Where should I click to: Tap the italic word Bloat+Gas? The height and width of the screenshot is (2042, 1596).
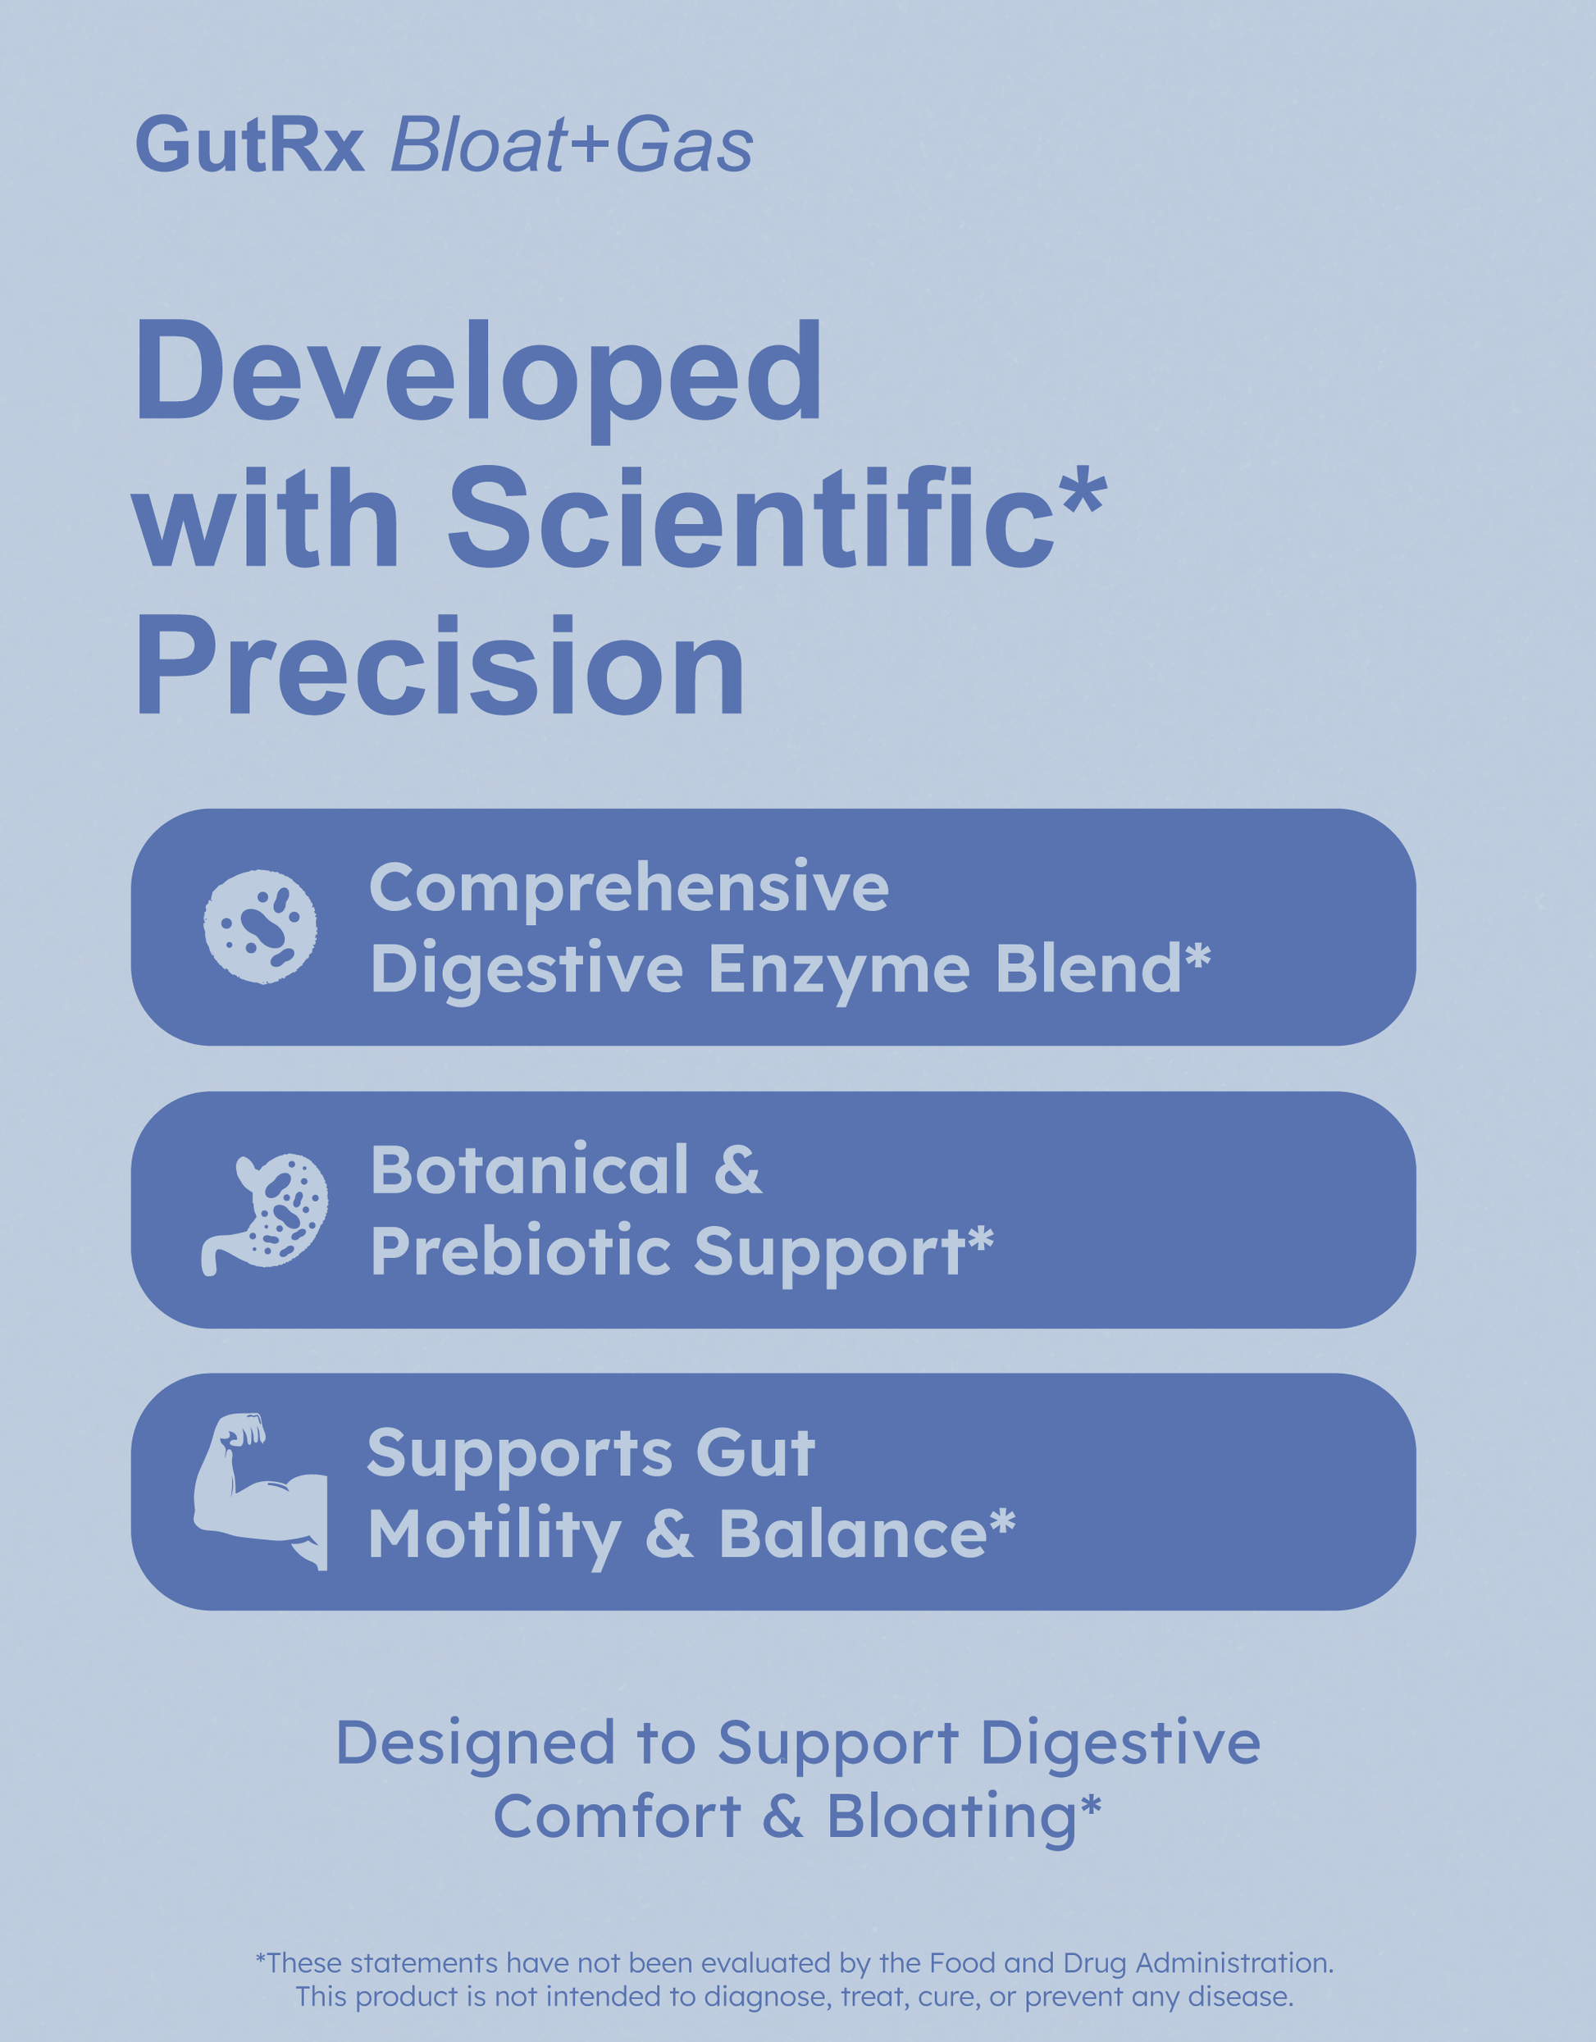[x=572, y=144]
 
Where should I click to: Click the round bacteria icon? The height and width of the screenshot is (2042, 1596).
[x=260, y=927]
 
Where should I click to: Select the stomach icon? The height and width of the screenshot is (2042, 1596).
[x=265, y=1214]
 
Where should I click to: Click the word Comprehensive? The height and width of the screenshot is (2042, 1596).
[x=629, y=887]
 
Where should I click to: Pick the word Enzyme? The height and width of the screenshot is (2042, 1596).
[x=839, y=969]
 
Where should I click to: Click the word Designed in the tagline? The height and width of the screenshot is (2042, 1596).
[x=476, y=1744]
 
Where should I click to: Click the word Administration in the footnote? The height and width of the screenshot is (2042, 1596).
[x=1234, y=1962]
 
